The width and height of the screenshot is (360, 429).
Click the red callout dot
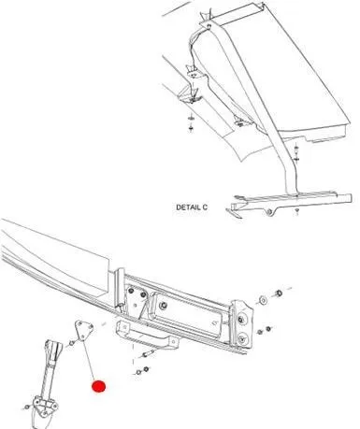(99, 386)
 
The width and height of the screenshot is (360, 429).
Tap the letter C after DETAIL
(205, 207)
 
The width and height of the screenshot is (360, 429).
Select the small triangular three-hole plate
(83, 330)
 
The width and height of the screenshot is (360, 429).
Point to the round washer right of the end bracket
(264, 300)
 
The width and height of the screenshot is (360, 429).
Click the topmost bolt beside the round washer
(279, 293)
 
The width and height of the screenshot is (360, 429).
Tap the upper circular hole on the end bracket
(241, 320)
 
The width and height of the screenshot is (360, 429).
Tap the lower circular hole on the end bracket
(241, 337)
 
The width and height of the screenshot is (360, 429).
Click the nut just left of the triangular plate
(71, 343)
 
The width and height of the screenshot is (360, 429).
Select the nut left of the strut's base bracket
(27, 408)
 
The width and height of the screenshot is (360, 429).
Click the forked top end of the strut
(52, 350)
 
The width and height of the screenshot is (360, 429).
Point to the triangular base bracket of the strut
(45, 407)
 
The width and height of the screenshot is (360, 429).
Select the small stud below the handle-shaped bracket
(147, 355)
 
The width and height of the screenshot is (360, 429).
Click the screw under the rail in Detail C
(297, 212)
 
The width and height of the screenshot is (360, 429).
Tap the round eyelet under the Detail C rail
(270, 212)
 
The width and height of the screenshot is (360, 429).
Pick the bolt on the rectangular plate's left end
(162, 306)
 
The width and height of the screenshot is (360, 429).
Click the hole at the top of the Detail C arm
(209, 25)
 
